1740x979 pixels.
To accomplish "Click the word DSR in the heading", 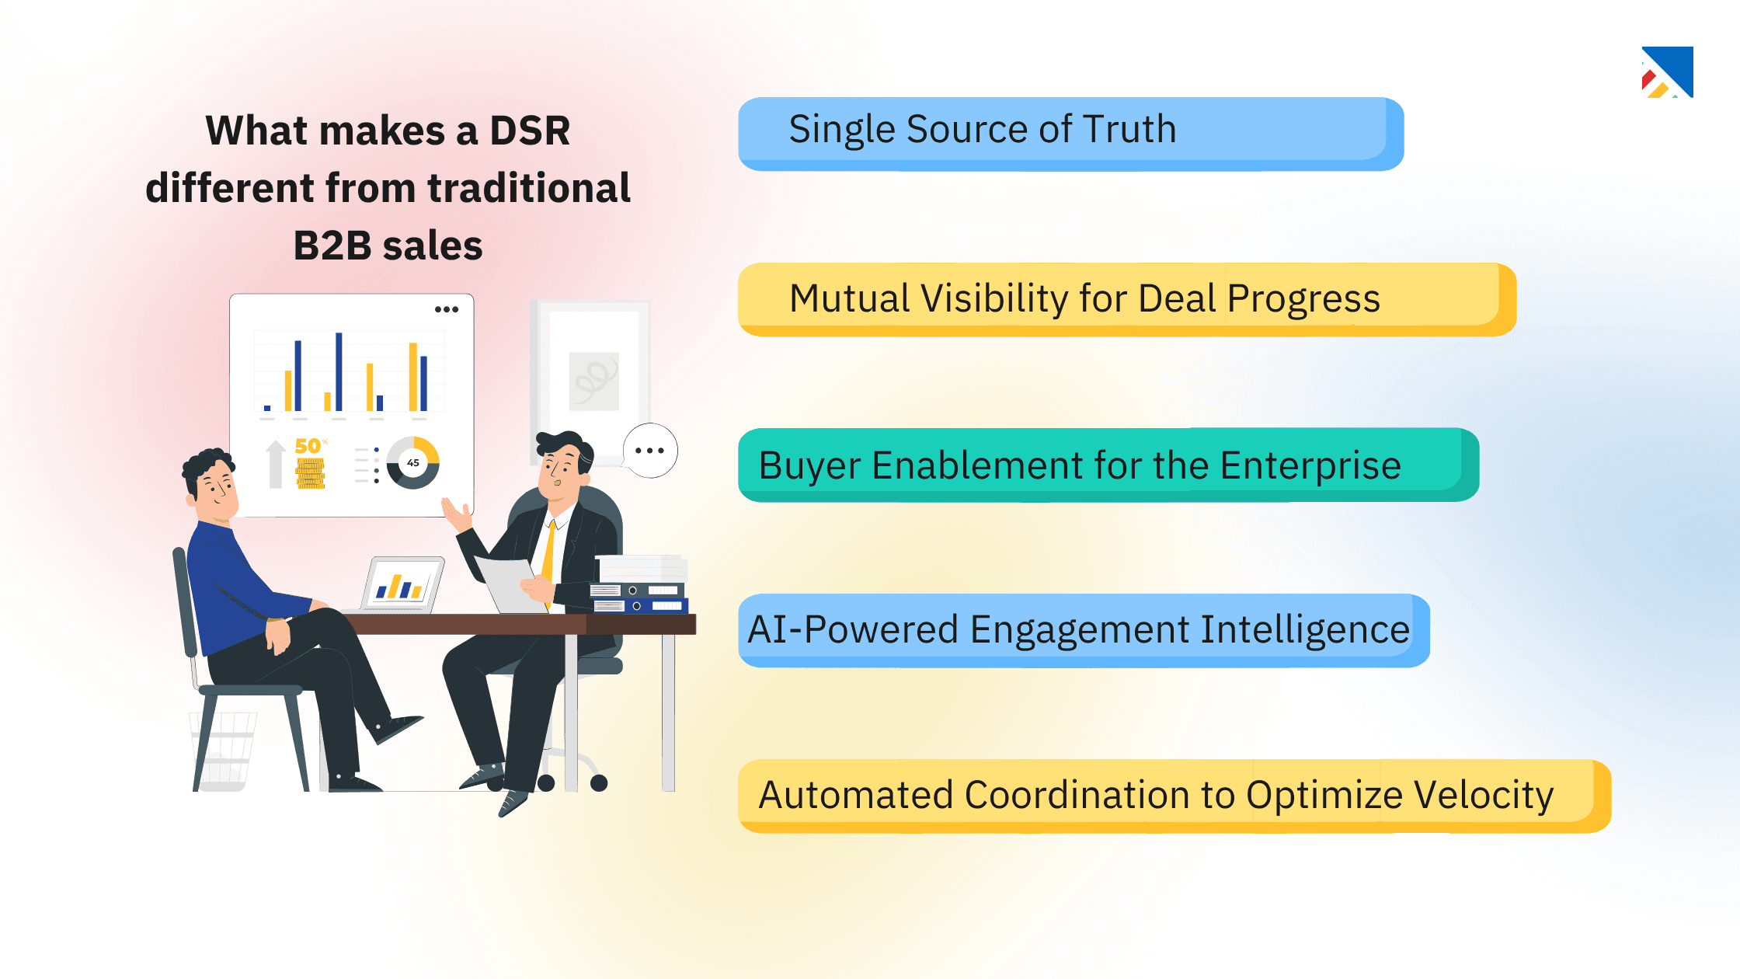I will tap(530, 131).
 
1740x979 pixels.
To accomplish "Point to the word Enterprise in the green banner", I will tap(1310, 465).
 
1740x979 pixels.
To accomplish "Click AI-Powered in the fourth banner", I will tap(852, 629).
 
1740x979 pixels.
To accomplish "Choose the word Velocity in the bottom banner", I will tap(1483, 795).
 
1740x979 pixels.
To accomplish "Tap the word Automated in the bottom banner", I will tap(855, 795).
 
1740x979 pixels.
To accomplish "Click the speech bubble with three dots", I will tap(650, 451).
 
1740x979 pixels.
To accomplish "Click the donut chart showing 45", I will tap(413, 463).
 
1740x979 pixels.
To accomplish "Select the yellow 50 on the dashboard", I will tap(308, 446).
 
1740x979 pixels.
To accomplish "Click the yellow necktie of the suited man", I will tap(548, 556).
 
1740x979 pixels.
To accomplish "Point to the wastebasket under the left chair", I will tap(224, 750).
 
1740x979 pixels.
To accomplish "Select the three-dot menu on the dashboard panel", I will tap(446, 309).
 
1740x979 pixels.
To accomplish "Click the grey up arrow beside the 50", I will tap(276, 464).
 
